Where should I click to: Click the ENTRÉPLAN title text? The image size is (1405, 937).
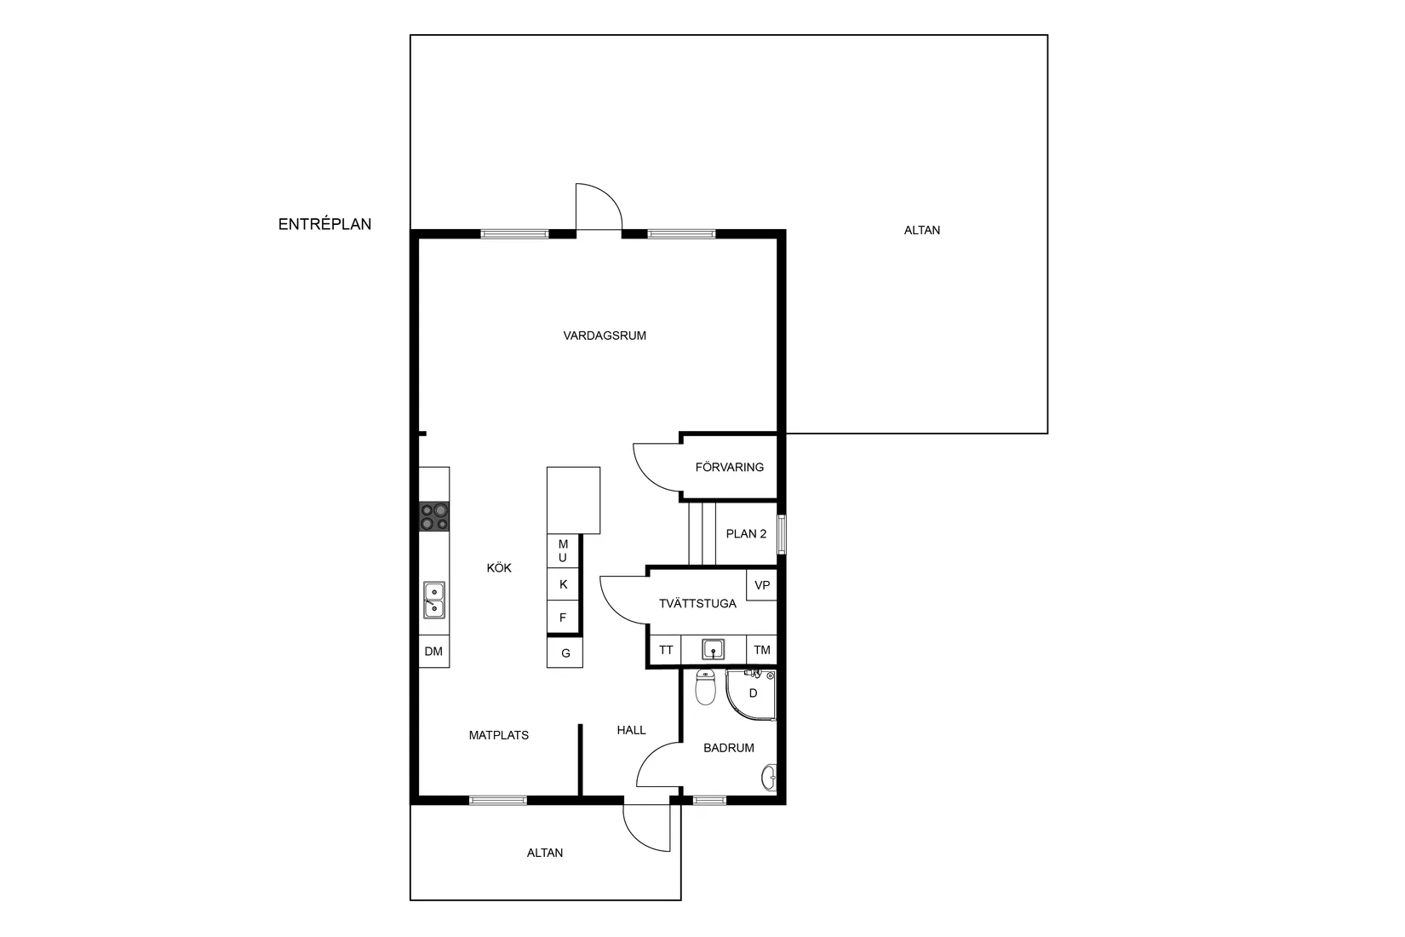coord(324,225)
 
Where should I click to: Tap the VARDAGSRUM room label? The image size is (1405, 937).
coord(605,336)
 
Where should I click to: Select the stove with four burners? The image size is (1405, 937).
coord(434,517)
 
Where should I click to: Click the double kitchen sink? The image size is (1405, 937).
coord(434,600)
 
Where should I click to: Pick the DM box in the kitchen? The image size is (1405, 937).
coord(434,652)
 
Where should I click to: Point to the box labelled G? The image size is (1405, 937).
coord(565,653)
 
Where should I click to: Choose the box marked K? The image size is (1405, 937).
coord(563,584)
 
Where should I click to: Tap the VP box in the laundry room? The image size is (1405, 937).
coord(762,585)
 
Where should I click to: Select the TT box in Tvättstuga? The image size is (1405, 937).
coord(666,650)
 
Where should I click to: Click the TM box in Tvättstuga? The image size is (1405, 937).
coord(762,650)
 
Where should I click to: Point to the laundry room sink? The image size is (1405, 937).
coord(714,650)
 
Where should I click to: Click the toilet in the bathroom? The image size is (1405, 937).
coord(705,688)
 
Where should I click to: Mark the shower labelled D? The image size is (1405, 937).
coord(752,694)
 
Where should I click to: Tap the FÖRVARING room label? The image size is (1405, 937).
coord(730,467)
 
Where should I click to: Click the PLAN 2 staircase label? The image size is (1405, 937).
coord(746,534)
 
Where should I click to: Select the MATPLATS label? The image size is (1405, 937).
coord(499,735)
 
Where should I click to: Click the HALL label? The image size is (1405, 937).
coord(631,730)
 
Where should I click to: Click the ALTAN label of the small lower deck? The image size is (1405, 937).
coord(545,853)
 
